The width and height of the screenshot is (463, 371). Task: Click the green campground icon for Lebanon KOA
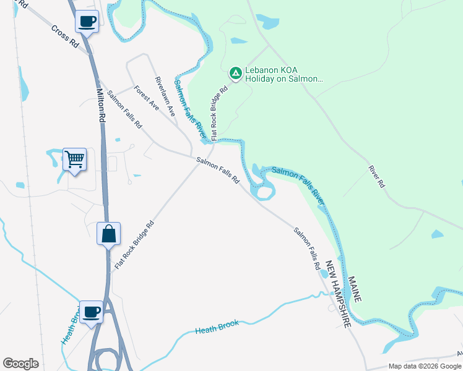click(235, 74)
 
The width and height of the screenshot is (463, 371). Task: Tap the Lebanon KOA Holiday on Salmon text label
click(284, 74)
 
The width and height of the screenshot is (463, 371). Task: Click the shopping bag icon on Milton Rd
click(108, 234)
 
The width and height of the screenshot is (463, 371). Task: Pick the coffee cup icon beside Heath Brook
click(91, 312)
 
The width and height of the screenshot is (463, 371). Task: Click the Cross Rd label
click(65, 37)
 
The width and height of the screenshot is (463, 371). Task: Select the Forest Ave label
click(147, 100)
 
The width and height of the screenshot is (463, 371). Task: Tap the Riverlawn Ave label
click(166, 97)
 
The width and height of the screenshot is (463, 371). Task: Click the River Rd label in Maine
click(376, 176)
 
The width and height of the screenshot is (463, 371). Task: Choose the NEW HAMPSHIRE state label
click(339, 294)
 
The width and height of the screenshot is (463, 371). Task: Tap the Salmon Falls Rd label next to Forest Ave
click(124, 110)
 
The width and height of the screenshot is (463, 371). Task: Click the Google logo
click(20, 364)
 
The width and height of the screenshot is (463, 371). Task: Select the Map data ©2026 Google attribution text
click(425, 366)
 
